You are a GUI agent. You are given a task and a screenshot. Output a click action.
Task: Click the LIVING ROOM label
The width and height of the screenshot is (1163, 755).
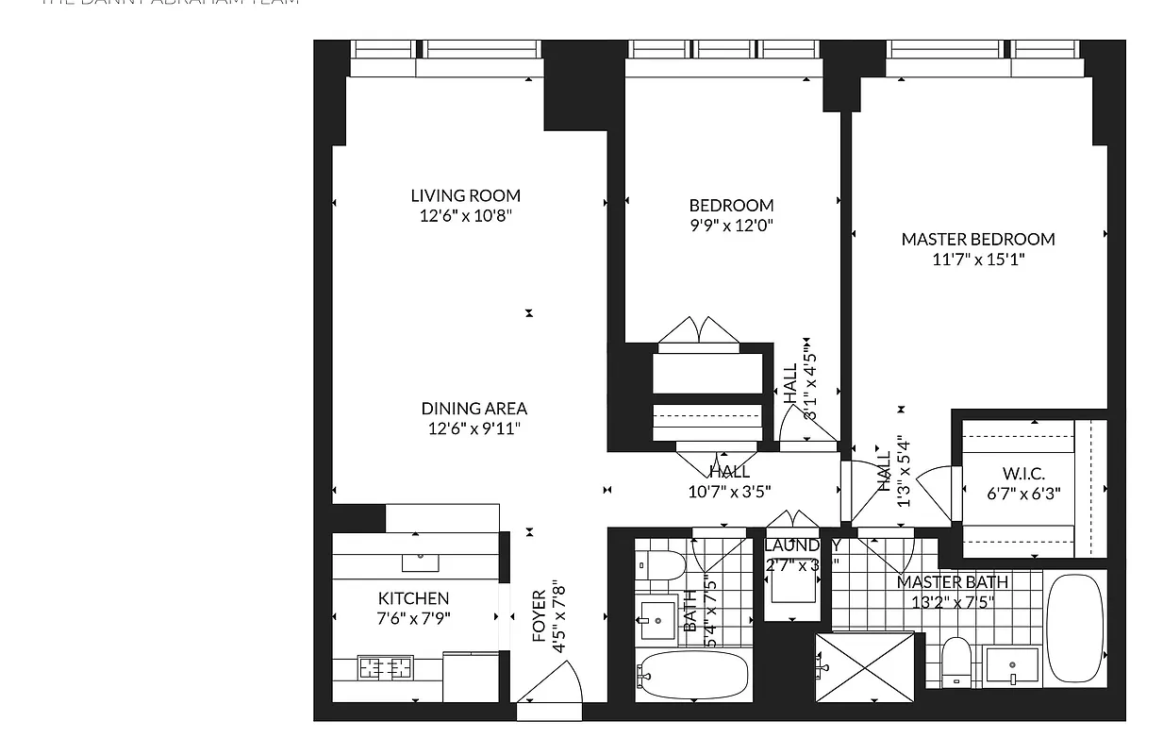coord(465,195)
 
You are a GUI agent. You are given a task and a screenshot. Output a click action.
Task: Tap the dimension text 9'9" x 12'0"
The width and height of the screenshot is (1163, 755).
coord(731,226)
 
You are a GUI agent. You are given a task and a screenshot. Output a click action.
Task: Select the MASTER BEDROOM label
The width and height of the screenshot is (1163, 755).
coord(977,239)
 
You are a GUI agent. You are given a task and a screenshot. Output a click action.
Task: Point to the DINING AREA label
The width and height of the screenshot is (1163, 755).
coord(474,409)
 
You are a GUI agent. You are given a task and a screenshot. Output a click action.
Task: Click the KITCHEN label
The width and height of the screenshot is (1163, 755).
coord(413,598)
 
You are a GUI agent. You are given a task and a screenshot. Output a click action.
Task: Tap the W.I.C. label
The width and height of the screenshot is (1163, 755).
coord(1022,474)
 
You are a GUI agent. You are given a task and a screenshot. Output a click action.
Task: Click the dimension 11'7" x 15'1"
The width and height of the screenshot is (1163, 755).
coord(977,259)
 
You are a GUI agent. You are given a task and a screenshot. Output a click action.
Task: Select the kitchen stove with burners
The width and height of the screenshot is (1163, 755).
coord(386,667)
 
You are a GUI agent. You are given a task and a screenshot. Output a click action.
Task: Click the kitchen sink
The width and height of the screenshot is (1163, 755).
coord(420,562)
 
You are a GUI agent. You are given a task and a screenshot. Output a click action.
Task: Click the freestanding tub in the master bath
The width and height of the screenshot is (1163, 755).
coord(1074,627)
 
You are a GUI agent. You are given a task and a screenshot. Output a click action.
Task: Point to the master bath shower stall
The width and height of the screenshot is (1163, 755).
coord(865,667)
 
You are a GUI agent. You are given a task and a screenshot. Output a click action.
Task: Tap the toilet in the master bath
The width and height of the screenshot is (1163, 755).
coord(956,660)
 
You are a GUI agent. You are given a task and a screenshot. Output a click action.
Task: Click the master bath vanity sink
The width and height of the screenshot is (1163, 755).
coord(1012,667)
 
